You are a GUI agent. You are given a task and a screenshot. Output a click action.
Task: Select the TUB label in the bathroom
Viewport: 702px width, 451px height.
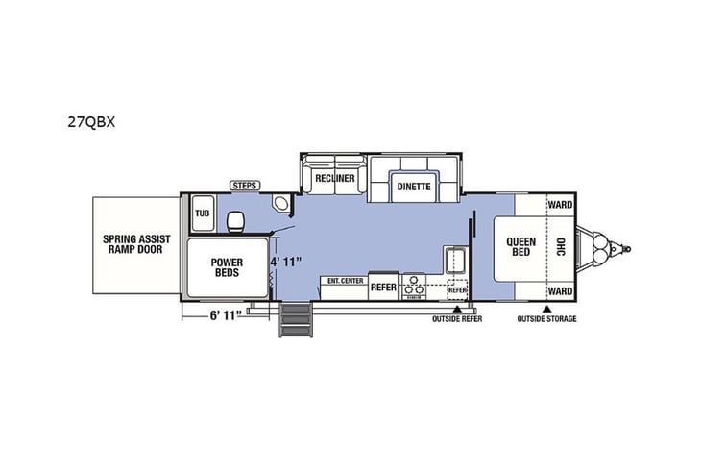point(203,213)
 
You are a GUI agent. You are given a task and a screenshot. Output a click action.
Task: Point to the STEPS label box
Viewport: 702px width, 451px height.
point(243,184)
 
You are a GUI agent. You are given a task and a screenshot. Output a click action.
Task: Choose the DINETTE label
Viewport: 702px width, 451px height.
point(414,188)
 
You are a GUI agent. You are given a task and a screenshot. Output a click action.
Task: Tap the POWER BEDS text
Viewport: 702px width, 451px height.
point(228,266)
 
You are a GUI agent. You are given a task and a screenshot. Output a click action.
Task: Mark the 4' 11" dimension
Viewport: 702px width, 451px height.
point(285,261)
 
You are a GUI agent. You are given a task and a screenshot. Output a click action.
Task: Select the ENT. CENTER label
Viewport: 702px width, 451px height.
point(345,281)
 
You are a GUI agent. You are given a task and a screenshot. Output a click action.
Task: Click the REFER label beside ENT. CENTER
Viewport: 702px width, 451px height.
point(384,286)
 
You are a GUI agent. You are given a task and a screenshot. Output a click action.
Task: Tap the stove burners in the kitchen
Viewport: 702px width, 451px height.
point(415,287)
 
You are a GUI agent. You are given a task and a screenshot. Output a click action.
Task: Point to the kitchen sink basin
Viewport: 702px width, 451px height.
point(454,261)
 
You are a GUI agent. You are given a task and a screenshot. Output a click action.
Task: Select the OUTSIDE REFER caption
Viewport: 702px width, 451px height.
point(456,319)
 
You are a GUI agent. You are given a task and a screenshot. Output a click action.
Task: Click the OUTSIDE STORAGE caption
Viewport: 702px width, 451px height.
point(546,319)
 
